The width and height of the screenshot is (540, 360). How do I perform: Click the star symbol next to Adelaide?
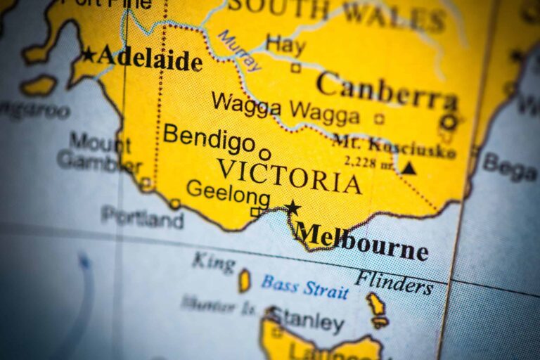(88, 54)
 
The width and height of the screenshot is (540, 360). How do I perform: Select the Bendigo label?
(209, 137)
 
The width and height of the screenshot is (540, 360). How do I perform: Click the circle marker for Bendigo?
(264, 154)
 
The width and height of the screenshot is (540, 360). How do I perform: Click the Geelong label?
(228, 192)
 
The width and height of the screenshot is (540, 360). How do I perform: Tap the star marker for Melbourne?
(292, 207)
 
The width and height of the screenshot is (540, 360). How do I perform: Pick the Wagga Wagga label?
(285, 108)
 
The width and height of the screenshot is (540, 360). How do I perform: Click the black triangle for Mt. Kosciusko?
(409, 168)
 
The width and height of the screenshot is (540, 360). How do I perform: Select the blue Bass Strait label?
(304, 287)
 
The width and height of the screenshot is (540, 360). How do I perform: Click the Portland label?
(143, 217)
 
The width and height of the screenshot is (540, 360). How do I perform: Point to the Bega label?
(510, 167)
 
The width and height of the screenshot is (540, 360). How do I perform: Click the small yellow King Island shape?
(244, 281)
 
